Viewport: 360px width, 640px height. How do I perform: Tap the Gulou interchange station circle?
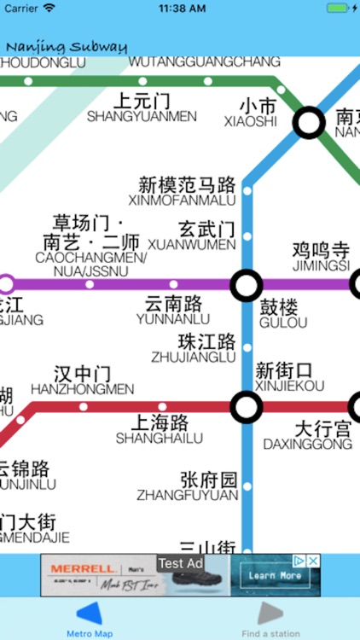[247, 284]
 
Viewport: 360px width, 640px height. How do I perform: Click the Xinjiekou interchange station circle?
[247, 407]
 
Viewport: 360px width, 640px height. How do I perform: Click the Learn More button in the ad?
[274, 576]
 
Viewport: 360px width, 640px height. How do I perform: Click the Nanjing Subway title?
[67, 47]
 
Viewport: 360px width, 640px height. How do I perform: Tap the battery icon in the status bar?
[339, 8]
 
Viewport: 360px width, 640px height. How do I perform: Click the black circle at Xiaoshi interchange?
[309, 123]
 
